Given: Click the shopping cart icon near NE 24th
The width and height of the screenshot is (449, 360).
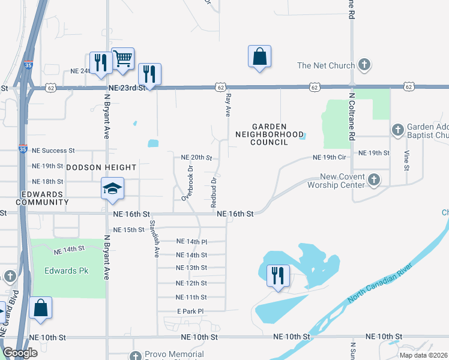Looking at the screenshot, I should (x=122, y=59).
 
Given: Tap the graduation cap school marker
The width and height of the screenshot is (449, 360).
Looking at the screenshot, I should (x=112, y=188).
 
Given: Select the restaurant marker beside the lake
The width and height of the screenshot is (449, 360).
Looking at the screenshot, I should (x=278, y=276).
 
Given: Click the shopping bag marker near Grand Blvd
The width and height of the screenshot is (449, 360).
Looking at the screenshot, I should (x=40, y=308).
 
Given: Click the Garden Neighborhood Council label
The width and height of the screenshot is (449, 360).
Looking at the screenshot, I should (x=270, y=134).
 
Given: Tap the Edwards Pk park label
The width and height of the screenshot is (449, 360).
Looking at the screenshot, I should (x=67, y=271).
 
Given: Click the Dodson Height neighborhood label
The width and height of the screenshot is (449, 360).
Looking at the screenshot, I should (x=101, y=167).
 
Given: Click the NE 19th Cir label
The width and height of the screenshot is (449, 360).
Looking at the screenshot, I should (x=330, y=157).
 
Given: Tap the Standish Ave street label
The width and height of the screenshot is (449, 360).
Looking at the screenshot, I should (x=153, y=238).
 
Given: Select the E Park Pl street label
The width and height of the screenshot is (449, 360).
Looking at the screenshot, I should (x=190, y=311).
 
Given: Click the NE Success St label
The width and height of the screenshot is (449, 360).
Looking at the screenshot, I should (x=53, y=151).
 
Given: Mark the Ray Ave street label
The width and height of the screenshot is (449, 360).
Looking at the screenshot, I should (x=228, y=105).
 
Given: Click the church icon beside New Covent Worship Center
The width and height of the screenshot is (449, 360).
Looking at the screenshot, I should (x=373, y=179).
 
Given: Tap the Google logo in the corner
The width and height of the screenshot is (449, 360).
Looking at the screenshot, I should (x=20, y=353).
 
